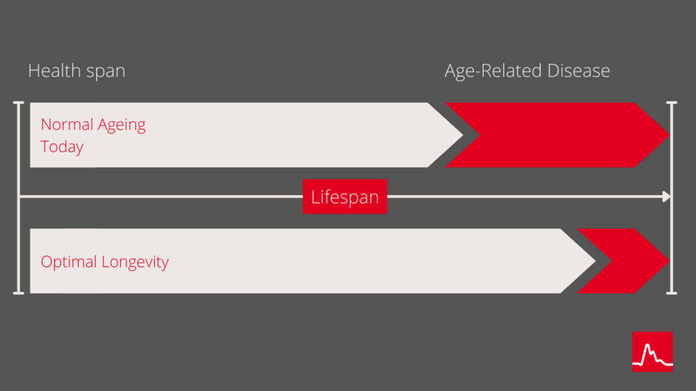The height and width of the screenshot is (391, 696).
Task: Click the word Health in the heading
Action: click(55, 70)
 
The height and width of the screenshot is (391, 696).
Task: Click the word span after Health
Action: click(106, 72)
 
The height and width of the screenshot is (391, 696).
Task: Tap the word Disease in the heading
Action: click(578, 70)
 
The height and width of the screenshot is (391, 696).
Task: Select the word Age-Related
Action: click(493, 72)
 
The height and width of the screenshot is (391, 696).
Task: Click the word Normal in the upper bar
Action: click(67, 125)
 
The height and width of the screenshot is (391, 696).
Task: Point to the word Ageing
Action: click(122, 126)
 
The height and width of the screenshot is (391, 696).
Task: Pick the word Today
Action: click(61, 147)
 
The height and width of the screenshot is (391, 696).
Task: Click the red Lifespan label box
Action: click(345, 197)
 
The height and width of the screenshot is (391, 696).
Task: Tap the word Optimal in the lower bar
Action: click(69, 262)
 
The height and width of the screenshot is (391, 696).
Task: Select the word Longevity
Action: click(135, 262)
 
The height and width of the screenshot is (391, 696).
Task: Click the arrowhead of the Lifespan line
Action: click(666, 197)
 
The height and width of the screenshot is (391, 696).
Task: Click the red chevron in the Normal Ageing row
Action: click(557, 135)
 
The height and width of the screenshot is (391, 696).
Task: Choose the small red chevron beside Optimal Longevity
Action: click(623, 261)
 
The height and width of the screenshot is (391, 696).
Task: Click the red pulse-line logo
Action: click(653, 352)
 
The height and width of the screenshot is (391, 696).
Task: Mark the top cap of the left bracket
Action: click(19, 103)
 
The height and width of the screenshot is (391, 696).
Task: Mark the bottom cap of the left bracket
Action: click(19, 293)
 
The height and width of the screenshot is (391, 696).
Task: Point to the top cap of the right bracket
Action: click(672, 103)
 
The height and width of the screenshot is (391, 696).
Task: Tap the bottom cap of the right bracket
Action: click(672, 293)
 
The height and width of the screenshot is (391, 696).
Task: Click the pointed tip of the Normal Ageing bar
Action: click(462, 135)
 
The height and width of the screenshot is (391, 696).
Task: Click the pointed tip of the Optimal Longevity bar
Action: click(595, 261)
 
